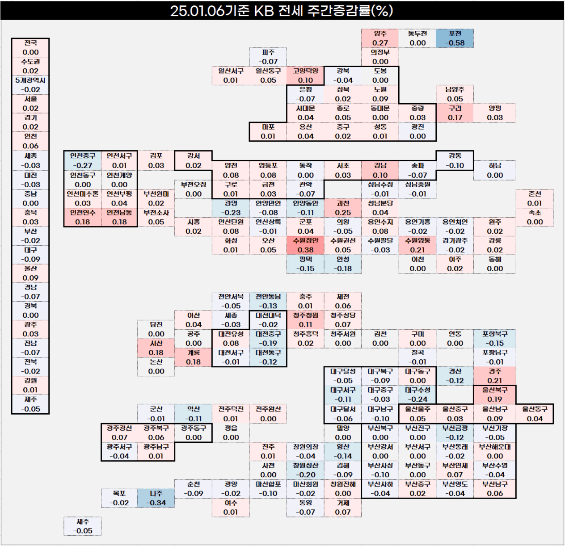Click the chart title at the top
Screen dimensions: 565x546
pyautogui.click(x=281, y=11)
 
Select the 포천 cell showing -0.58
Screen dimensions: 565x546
pyautogui.click(x=455, y=38)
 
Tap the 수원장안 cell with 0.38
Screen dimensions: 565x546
pyautogui.click(x=305, y=245)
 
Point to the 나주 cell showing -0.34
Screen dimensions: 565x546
pyautogui.click(x=156, y=498)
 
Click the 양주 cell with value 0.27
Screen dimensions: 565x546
pyautogui.click(x=380, y=38)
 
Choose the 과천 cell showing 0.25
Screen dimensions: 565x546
pyautogui.click(x=343, y=208)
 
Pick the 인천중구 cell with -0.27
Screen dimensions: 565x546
pyautogui.click(x=83, y=160)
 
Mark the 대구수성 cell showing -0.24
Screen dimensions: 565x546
pyautogui.click(x=417, y=395)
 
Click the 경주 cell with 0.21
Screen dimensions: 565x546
pyautogui.click(x=495, y=376)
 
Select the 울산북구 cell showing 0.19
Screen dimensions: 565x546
pyautogui.click(x=495, y=395)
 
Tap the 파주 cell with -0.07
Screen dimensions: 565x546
pyautogui.click(x=268, y=57)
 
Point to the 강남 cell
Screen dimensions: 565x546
pyautogui.click(x=380, y=170)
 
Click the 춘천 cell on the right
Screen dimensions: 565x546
pyautogui.click(x=535, y=198)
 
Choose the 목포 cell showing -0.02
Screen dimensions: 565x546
pyautogui.click(x=119, y=498)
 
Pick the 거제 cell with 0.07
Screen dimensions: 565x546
pyautogui.click(x=343, y=508)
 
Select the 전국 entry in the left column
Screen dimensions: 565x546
pyautogui.click(x=30, y=48)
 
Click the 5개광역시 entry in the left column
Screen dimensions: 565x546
pyautogui.click(x=30, y=85)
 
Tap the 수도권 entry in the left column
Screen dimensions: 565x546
pyautogui.click(x=30, y=66)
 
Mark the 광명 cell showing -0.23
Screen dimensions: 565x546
pyautogui.click(x=231, y=208)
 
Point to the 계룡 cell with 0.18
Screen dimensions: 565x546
pyautogui.click(x=194, y=357)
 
